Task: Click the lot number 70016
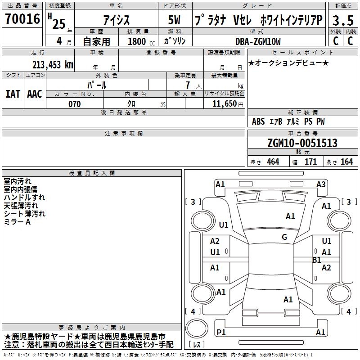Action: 22,19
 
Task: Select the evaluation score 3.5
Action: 343,21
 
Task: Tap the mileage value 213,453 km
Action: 53,65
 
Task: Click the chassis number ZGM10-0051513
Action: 302,143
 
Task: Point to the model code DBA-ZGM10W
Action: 258,41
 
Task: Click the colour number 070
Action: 74,104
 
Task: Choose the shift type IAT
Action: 13,94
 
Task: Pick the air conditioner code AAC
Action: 35,94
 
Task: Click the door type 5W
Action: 174,20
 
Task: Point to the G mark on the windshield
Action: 284,237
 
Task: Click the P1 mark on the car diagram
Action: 221,332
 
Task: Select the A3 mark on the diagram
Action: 321,184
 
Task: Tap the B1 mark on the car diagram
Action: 317,260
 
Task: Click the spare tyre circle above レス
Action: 197,328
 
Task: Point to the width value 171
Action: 310,162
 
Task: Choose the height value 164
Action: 346,162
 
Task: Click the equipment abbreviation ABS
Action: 258,121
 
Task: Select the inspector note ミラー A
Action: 17,222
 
